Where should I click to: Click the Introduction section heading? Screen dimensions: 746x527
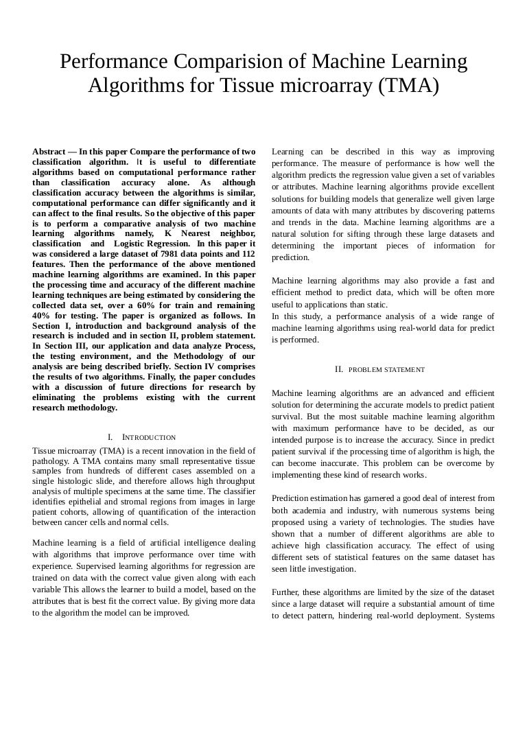[148, 437]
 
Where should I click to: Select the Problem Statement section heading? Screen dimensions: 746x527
[386, 369]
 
